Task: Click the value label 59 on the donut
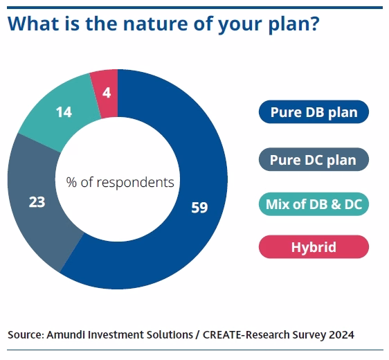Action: [x=199, y=207]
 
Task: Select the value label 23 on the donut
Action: [x=36, y=202]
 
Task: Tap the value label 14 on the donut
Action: [x=64, y=111]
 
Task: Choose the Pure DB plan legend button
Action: [x=314, y=112]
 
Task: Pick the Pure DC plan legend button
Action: [x=314, y=160]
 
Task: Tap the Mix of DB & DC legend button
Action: [x=314, y=204]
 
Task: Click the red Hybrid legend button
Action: [x=314, y=247]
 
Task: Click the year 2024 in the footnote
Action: [x=341, y=335]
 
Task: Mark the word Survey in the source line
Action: [x=309, y=335]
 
